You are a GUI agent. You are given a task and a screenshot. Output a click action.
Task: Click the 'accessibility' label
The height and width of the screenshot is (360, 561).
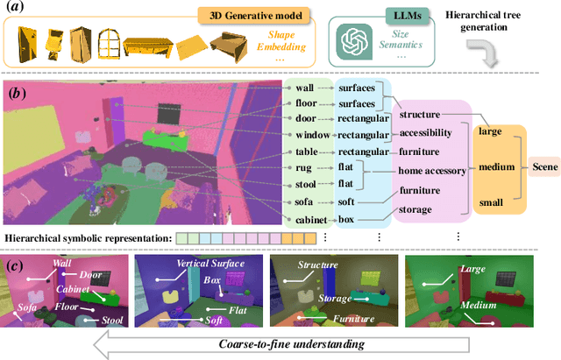pyautogui.click(x=425, y=133)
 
